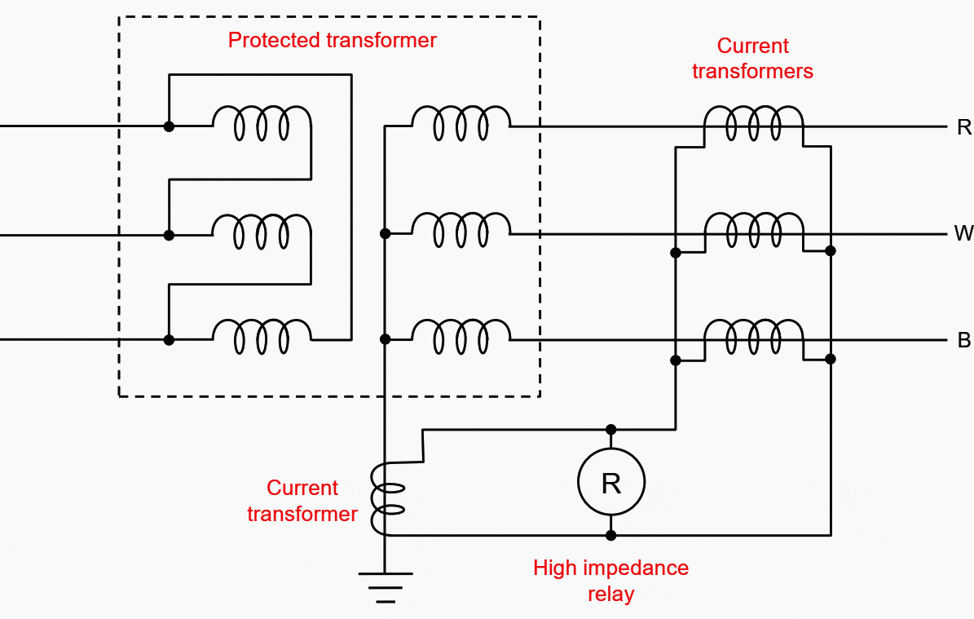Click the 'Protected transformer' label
click(332, 40)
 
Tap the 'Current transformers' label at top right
click(752, 59)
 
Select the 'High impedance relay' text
click(610, 580)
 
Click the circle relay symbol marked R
click(611, 483)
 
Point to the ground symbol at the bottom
click(385, 586)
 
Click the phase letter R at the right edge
click(963, 126)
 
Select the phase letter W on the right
click(963, 234)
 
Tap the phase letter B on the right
click(963, 340)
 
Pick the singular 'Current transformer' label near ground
click(302, 501)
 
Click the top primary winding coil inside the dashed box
click(262, 123)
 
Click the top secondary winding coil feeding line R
click(461, 123)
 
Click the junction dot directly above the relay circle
click(611, 429)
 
